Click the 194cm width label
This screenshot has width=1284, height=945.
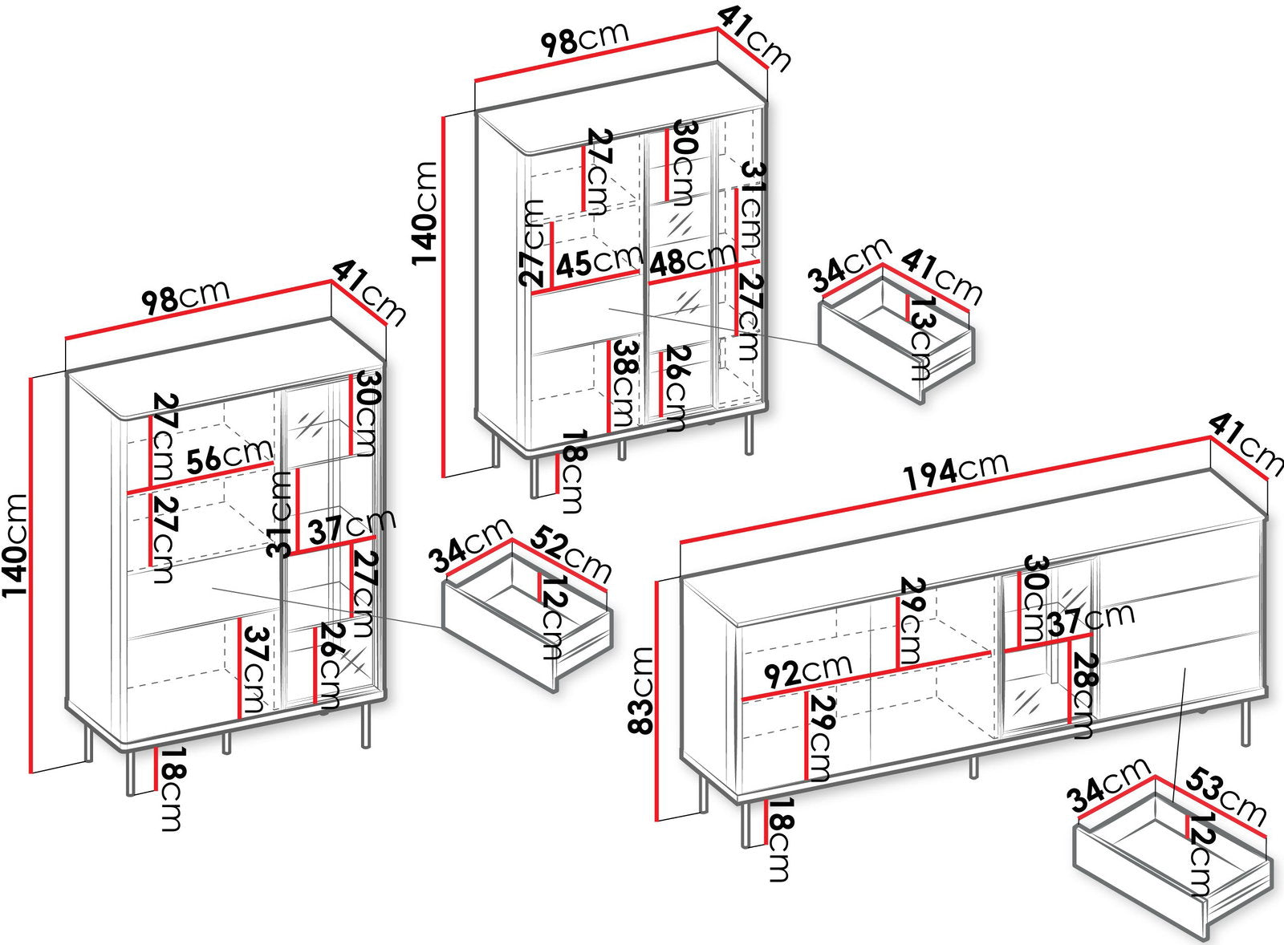click(x=955, y=471)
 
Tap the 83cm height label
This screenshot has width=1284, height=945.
click(x=641, y=690)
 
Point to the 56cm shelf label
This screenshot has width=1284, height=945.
click(x=229, y=456)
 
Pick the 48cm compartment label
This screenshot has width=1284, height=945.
click(x=693, y=258)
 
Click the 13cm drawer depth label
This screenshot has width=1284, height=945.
click(x=922, y=339)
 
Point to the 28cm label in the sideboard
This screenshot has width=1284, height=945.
click(x=1083, y=696)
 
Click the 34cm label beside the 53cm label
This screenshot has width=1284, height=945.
click(x=1108, y=785)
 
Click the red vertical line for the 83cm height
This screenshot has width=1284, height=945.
click(x=657, y=701)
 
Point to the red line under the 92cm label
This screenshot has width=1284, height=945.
click(x=866, y=676)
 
